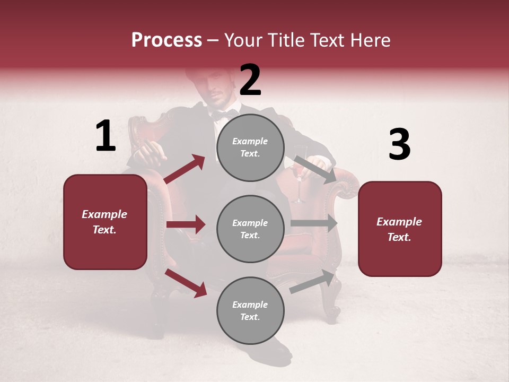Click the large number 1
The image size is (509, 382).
(106, 136)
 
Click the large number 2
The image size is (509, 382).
(250, 80)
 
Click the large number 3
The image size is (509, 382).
(399, 145)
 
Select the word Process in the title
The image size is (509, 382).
(166, 40)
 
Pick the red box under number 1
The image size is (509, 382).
(105, 222)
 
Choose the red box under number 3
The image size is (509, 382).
(400, 229)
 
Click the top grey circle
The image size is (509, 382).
(250, 147)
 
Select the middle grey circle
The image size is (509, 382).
(250, 229)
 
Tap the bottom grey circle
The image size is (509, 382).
(250, 311)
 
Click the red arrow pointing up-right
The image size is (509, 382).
(185, 169)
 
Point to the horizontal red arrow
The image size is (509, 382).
(186, 224)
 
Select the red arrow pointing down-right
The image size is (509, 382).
(186, 283)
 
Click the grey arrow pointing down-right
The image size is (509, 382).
(315, 170)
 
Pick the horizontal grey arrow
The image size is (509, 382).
(314, 223)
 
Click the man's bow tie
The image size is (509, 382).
(225, 114)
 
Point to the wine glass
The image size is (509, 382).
(299, 180)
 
